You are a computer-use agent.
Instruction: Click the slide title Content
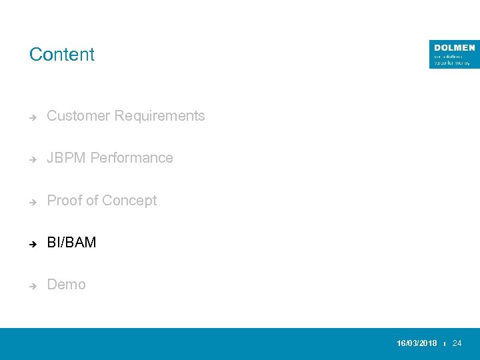[x=62, y=55]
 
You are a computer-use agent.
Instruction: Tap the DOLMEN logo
[x=454, y=54]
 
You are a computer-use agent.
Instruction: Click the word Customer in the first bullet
[x=78, y=116]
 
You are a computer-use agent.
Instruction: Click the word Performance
[x=131, y=158]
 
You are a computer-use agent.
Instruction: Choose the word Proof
[x=64, y=201]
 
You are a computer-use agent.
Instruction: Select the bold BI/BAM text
[x=71, y=243]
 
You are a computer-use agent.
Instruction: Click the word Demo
[x=66, y=285]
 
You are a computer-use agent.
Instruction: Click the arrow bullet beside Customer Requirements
[x=32, y=117]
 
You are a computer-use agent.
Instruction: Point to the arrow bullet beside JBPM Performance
[x=32, y=159]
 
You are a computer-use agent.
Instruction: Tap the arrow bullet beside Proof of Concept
[x=32, y=201]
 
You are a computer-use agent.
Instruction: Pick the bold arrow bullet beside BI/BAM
[x=32, y=243]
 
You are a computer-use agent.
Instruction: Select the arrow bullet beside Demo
[x=32, y=285]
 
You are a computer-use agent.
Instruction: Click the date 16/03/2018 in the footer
[x=417, y=343]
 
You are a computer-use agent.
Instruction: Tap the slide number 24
[x=457, y=343]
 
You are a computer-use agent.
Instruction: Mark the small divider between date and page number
[x=445, y=344]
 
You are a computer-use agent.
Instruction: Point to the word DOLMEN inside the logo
[x=454, y=48]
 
